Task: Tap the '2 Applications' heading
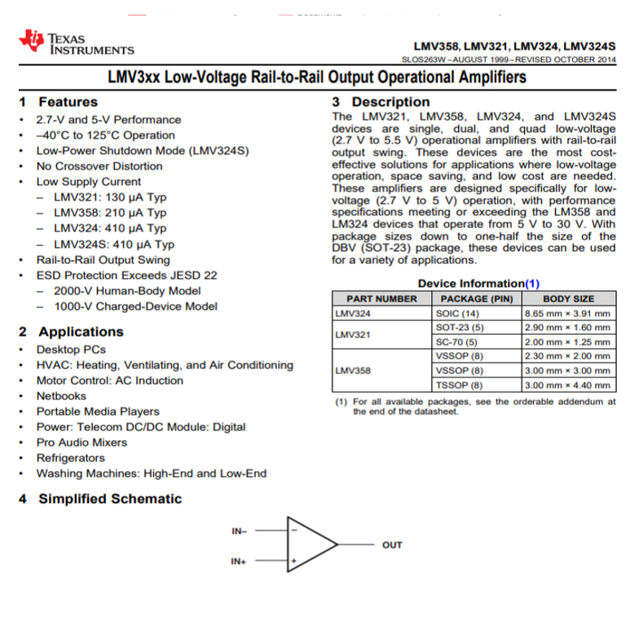71,332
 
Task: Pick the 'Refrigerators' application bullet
70,458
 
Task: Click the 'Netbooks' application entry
61,395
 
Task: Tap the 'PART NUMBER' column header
381,299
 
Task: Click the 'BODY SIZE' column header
568,299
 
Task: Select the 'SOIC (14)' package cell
460,313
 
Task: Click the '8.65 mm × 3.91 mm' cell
567,313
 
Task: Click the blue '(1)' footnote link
531,284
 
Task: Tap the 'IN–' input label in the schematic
239,531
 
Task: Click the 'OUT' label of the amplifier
392,545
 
